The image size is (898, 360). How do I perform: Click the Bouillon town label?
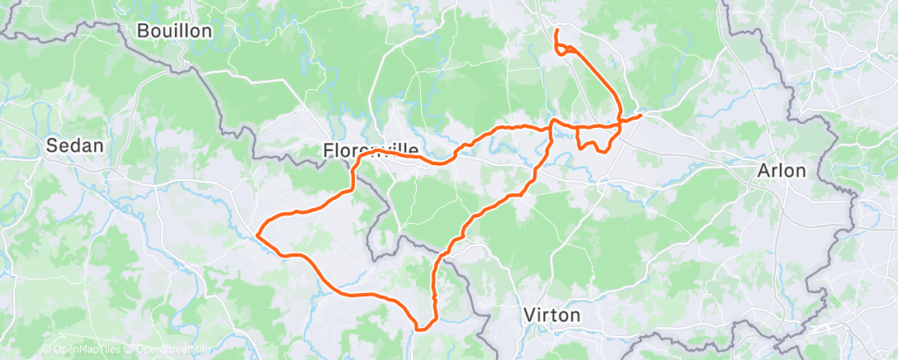coord(175,31)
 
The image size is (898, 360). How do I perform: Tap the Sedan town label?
coord(74,146)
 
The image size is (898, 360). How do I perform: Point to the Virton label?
coord(552,315)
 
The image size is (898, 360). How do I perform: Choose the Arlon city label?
coord(781,171)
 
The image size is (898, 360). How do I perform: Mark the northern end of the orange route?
coord(557,31)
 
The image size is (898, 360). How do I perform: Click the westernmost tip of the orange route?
coord(258,234)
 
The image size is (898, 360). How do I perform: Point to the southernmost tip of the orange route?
coord(420,329)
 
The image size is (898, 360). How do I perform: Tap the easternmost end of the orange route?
coord(640,116)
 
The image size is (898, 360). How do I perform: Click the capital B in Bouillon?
coord(143,31)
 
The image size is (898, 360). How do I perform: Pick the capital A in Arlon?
coord(764,171)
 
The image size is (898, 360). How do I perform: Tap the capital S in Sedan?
coord(51,146)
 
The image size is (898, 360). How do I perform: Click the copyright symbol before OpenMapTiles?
coord(46,350)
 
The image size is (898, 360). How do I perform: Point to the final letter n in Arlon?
coord(800,171)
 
